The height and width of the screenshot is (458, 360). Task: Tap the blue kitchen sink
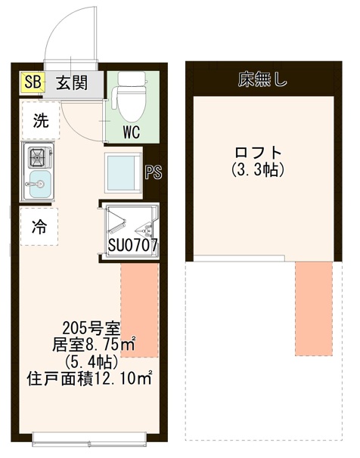coord(39,181)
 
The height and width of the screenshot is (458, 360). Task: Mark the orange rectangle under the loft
coord(313,308)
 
